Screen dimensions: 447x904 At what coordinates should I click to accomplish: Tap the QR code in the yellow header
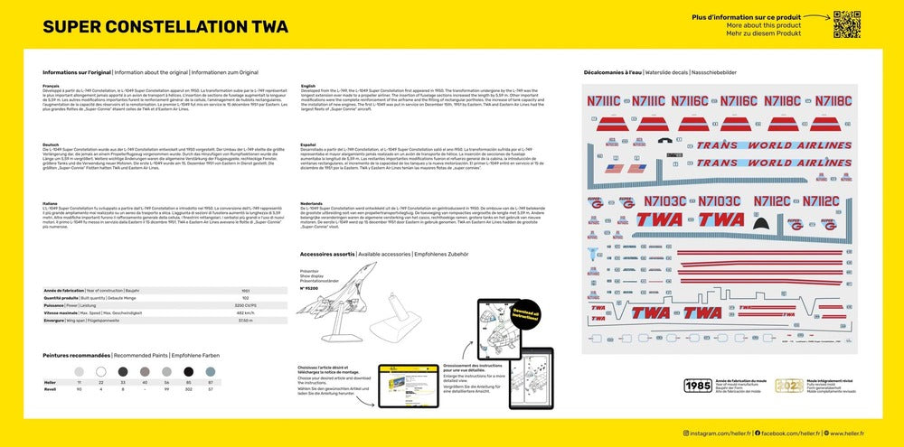[846, 24]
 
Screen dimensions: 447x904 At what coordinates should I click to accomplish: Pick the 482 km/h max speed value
[243, 312]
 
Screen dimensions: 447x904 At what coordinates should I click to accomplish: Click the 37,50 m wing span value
[243, 321]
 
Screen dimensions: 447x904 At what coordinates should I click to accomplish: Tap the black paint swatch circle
[189, 371]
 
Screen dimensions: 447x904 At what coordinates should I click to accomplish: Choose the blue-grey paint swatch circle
[211, 371]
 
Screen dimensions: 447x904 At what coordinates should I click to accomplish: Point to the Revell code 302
[189, 389]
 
